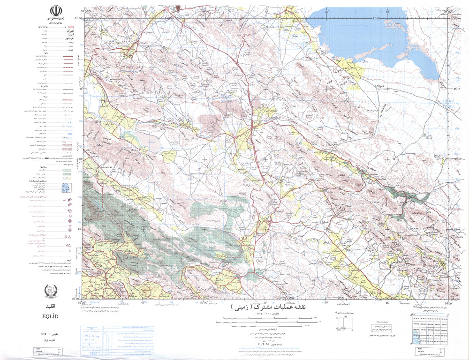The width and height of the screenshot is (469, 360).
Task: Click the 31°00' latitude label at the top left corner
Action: coord(78,18)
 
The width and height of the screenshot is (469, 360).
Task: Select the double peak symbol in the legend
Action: coord(69,245)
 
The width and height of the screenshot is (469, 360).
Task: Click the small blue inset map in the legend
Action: coord(65,188)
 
